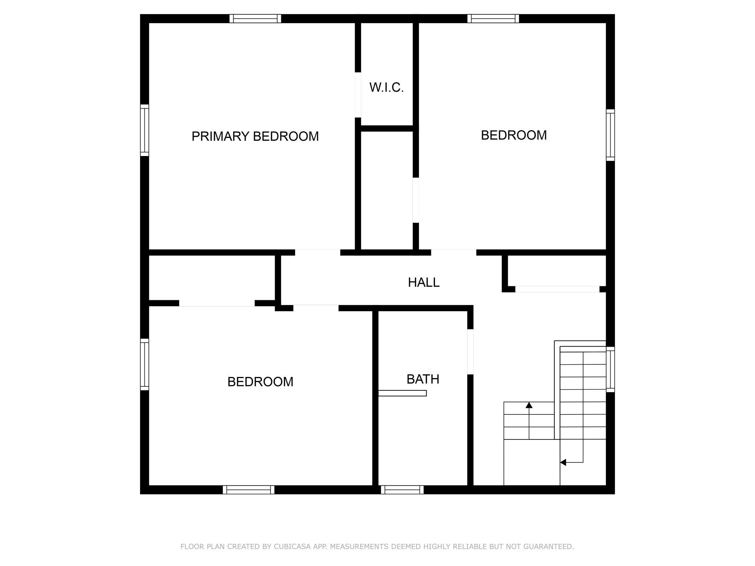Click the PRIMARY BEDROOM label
click(255, 136)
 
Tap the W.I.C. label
click(387, 87)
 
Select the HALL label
click(424, 282)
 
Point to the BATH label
click(423, 379)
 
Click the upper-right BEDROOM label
click(514, 135)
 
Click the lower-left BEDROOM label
click(260, 382)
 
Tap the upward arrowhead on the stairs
click(529, 405)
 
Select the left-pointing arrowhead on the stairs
click(563, 462)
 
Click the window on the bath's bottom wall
click(402, 490)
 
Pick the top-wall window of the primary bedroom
click(255, 19)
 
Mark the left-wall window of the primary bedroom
click(144, 130)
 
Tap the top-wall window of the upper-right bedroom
click(493, 19)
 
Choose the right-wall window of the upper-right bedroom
click(611, 135)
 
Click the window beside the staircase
click(611, 369)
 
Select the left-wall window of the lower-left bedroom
click(144, 365)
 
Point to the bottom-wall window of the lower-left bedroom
click(249, 490)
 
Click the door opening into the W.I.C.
click(358, 95)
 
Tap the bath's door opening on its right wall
click(470, 352)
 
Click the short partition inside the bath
click(402, 393)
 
